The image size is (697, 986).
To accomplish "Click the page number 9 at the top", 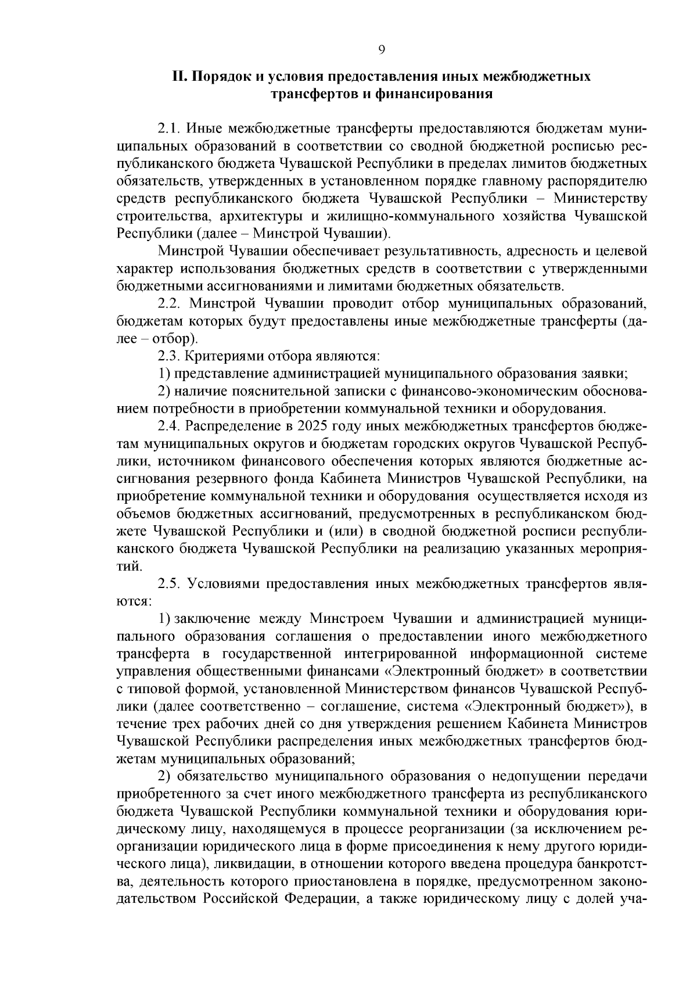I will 382,50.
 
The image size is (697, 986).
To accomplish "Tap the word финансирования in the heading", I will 440,94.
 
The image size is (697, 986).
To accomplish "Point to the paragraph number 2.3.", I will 170,356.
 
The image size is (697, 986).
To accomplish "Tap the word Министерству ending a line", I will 600,198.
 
